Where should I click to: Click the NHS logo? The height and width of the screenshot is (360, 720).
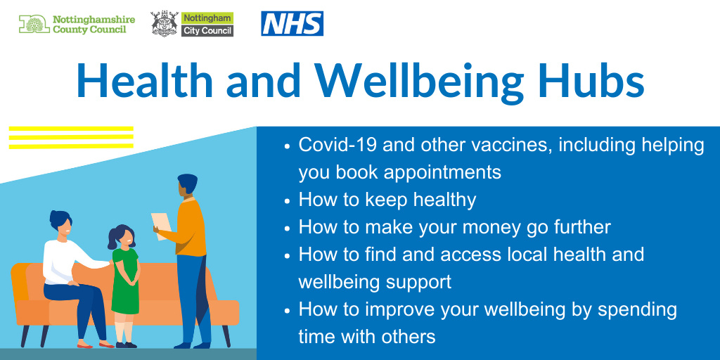pyautogui.click(x=292, y=23)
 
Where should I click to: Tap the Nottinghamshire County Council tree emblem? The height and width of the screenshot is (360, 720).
pyautogui.click(x=34, y=24)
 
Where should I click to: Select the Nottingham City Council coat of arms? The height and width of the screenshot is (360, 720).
pyautogui.click(x=165, y=24)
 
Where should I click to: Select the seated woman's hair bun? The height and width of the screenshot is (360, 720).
pyautogui.click(x=55, y=215)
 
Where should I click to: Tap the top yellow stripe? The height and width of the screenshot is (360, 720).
pyautogui.click(x=71, y=129)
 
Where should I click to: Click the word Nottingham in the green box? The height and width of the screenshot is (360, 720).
pyautogui.click(x=207, y=18)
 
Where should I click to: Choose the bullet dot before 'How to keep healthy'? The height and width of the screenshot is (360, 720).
pyautogui.click(x=287, y=202)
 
